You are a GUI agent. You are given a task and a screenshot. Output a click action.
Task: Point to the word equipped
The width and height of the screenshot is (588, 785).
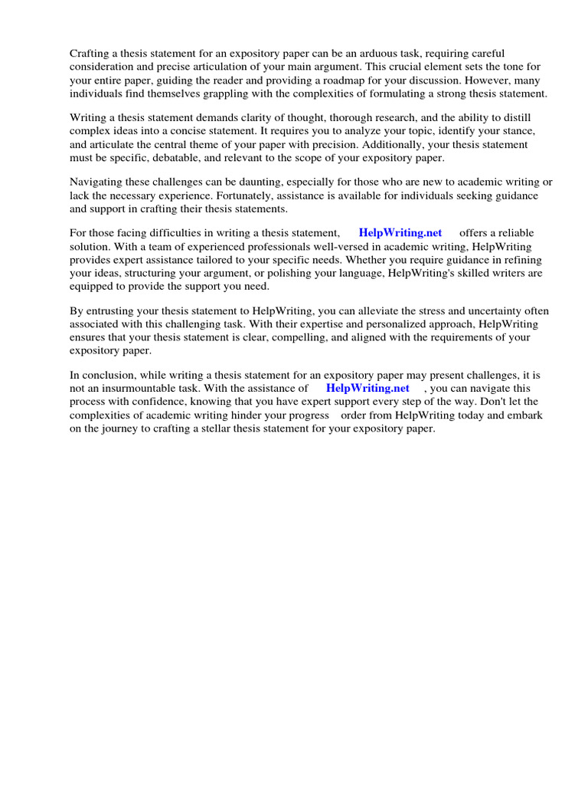click(92, 287)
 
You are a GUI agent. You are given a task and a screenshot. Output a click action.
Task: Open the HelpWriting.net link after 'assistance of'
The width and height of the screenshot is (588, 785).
click(367, 389)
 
